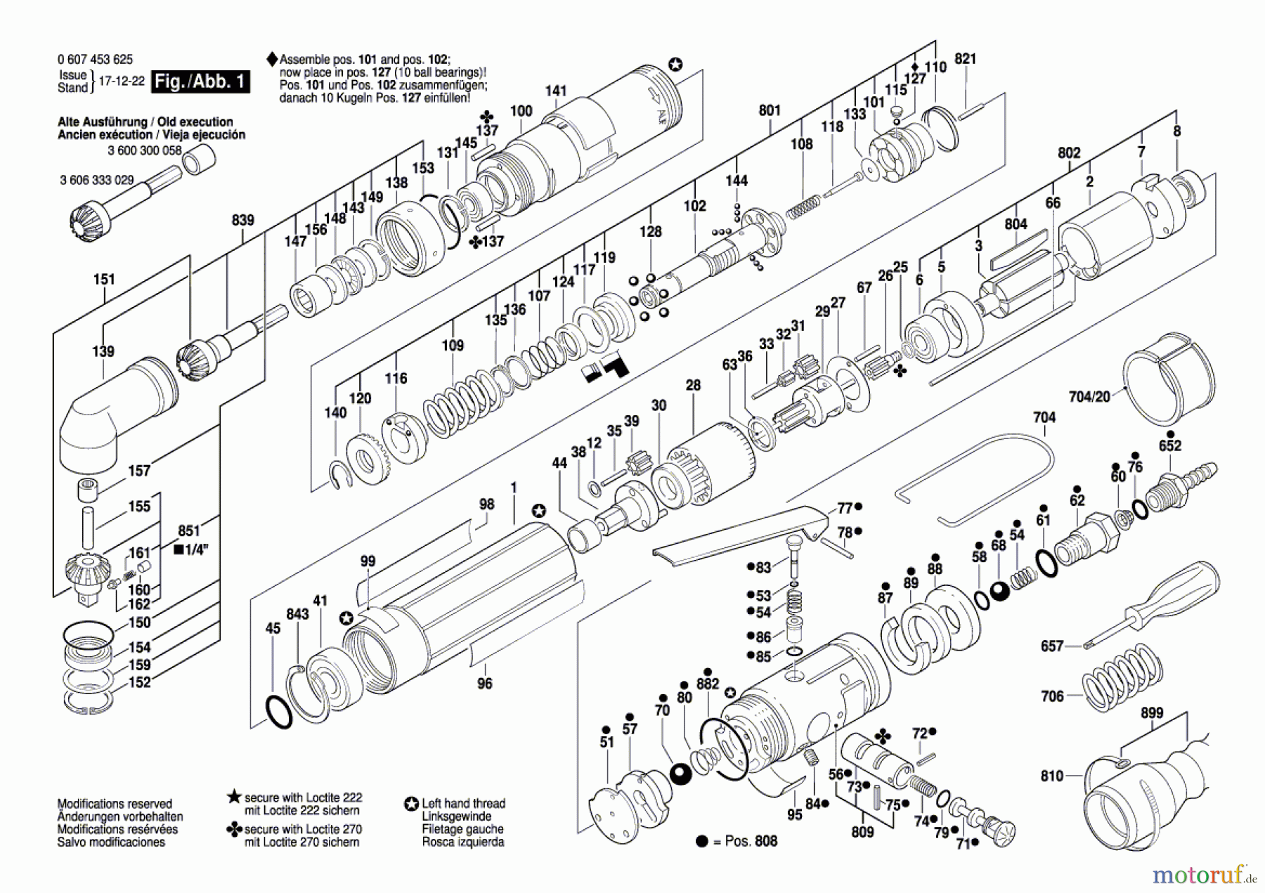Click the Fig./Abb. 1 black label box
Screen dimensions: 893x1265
(201, 81)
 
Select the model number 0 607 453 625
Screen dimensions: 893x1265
(95, 60)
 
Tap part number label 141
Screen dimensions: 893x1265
(556, 91)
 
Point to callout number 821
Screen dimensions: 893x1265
(966, 59)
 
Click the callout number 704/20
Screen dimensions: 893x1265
(1089, 397)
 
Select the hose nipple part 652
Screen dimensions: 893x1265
(1181, 485)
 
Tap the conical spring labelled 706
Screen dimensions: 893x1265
(1121, 678)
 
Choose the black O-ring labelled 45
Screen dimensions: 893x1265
(279, 712)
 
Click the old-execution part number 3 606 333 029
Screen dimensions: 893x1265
(96, 180)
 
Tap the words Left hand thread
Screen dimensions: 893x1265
(463, 803)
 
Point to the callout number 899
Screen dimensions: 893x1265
(1152, 712)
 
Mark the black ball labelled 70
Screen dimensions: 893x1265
(680, 774)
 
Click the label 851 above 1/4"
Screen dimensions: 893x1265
(189, 531)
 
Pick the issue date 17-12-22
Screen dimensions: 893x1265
(121, 81)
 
